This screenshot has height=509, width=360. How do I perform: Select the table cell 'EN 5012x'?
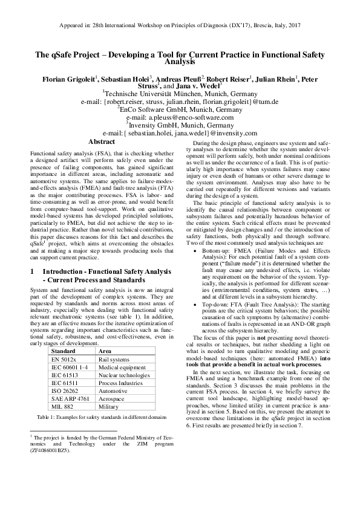[x=63, y=358]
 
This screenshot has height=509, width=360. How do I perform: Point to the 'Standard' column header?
[x=64, y=350]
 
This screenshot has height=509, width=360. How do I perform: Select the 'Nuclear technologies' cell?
[x=124, y=374]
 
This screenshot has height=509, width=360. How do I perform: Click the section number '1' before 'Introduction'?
[x=32, y=272]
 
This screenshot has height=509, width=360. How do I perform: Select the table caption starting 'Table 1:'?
[x=102, y=417]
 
